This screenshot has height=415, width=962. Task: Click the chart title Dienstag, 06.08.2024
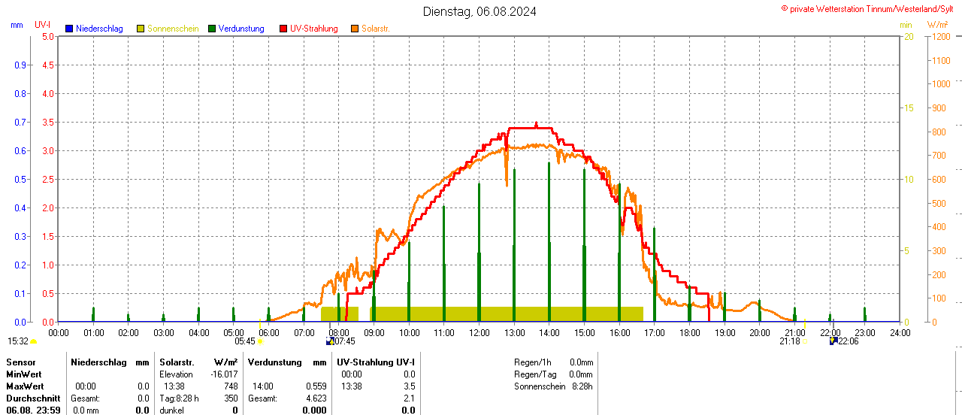(479, 11)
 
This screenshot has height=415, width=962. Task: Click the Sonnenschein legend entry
(172, 29)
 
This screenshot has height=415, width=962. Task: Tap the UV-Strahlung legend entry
(313, 29)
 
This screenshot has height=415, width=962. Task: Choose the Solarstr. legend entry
(375, 29)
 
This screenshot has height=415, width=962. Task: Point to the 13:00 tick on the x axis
(514, 332)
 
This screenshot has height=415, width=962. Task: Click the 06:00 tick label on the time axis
(269, 332)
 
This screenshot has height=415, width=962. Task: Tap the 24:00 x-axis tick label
(900, 332)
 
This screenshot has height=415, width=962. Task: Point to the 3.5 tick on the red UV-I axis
(47, 122)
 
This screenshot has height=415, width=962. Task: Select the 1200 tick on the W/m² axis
(939, 36)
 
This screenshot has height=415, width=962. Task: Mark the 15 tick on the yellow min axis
(908, 108)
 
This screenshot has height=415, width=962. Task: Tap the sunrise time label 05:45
(245, 341)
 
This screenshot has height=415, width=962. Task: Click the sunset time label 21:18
(789, 341)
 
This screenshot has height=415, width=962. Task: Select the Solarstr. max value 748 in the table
(230, 386)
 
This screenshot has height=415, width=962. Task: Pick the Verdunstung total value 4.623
(314, 398)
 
